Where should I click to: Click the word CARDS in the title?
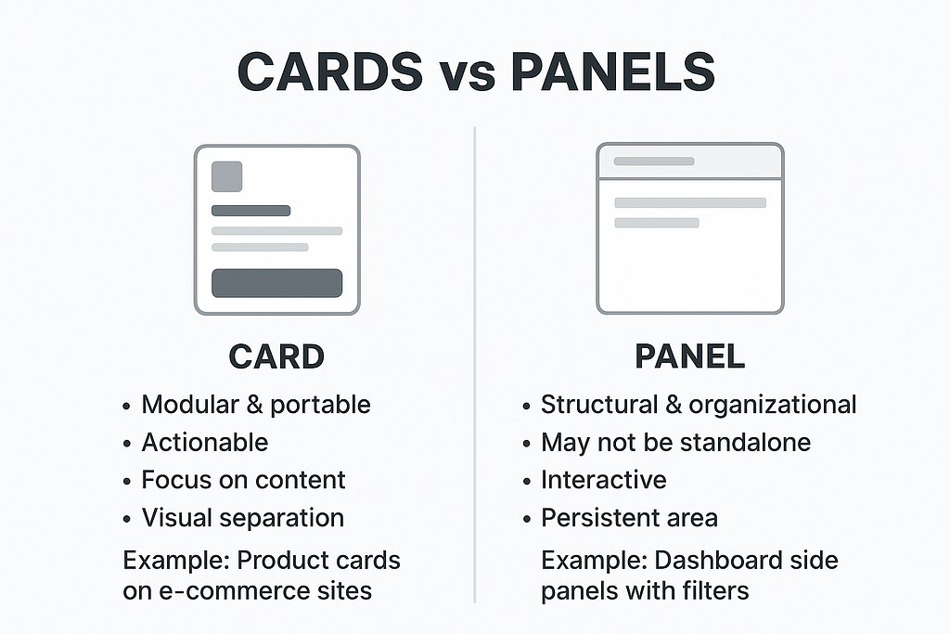pyautogui.click(x=330, y=71)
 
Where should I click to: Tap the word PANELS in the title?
pyautogui.click(x=612, y=71)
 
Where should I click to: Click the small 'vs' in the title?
pyautogui.click(x=467, y=76)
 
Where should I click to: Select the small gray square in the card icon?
pyautogui.click(x=226, y=176)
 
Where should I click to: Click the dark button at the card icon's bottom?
pyautogui.click(x=276, y=283)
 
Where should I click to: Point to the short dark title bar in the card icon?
pyautogui.click(x=250, y=211)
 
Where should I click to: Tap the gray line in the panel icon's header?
pyautogui.click(x=654, y=162)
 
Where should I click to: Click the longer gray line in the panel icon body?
pyautogui.click(x=690, y=203)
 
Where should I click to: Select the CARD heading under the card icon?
pyautogui.click(x=276, y=356)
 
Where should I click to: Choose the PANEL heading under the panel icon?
pyautogui.click(x=690, y=356)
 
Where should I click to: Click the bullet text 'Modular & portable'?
pyautogui.click(x=256, y=405)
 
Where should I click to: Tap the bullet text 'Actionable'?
pyautogui.click(x=205, y=443)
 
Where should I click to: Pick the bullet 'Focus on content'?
pyautogui.click(x=243, y=480)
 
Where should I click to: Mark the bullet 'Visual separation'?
pyautogui.click(x=243, y=518)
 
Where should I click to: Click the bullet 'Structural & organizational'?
pyautogui.click(x=699, y=405)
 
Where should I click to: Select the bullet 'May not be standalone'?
pyautogui.click(x=675, y=443)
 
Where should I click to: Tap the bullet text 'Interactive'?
pyautogui.click(x=603, y=480)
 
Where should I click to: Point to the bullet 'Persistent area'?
pyautogui.click(x=629, y=518)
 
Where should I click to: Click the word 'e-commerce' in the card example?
pyautogui.click(x=231, y=591)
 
